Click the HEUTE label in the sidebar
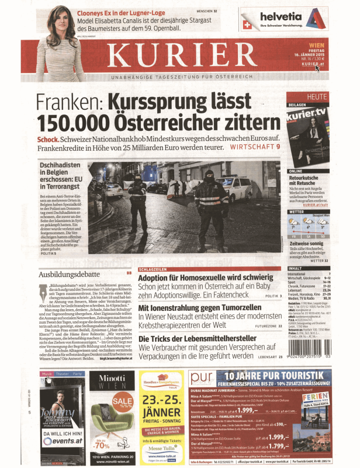pyautogui.click(x=334, y=96)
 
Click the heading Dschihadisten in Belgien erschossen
pyautogui.click(x=58, y=174)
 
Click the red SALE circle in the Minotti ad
pyautogui.click(x=123, y=401)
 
